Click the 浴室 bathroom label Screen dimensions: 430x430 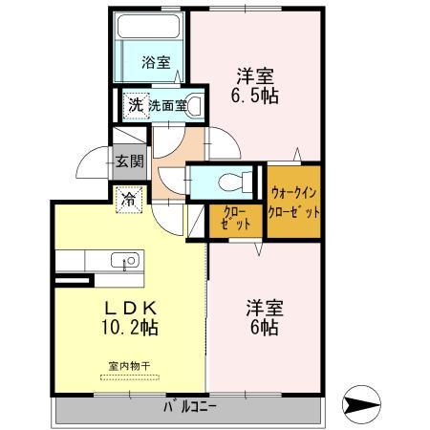pos(156,63)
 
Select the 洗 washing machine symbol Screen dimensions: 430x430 pos(135,104)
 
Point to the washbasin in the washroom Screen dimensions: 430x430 pos(195,105)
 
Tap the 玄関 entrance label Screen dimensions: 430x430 pos(129,161)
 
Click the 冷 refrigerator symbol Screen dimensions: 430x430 pos(127,200)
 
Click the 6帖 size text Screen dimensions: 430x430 pos(264,327)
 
